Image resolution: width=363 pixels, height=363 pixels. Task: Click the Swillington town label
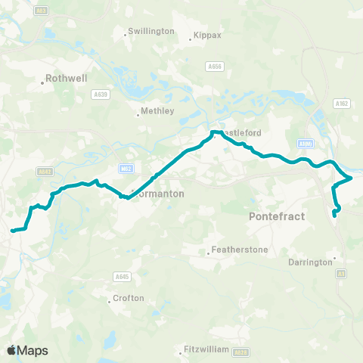point(152,31)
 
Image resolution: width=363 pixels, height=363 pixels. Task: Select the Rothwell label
point(67,77)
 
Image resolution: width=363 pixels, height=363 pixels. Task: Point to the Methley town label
point(158,111)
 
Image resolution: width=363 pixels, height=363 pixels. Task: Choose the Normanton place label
point(161,194)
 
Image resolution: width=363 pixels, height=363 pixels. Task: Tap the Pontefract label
point(276,216)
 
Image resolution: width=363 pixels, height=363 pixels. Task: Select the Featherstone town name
point(236,249)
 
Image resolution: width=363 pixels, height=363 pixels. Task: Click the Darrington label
point(311,262)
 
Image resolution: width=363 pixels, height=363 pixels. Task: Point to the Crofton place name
point(128,298)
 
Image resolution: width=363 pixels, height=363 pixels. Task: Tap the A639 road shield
point(101,95)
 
